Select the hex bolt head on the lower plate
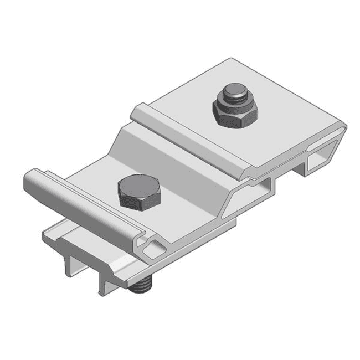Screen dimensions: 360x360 [139, 194]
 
